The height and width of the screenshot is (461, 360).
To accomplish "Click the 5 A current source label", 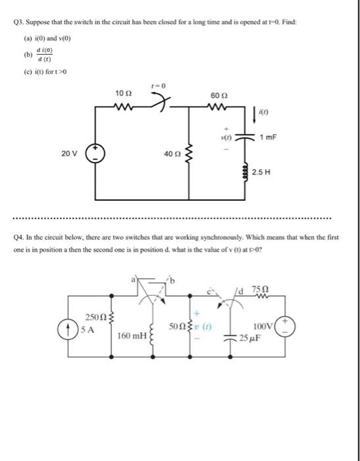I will tap(86, 331).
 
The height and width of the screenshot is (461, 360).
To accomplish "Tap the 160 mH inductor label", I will tap(131, 337).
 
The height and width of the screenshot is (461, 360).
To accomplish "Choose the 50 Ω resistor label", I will tap(177, 325).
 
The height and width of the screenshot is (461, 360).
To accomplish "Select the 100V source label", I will tap(265, 325).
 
